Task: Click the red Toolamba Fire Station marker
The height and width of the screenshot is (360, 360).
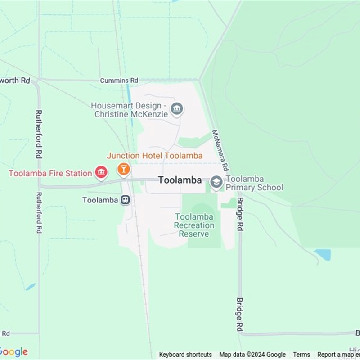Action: (x=101, y=172)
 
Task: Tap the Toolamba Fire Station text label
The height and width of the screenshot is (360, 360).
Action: (x=50, y=173)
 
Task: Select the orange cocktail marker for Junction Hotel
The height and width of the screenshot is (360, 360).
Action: (x=123, y=169)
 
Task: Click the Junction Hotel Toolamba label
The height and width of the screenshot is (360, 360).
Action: (x=154, y=156)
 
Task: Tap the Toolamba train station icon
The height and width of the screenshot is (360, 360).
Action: (x=126, y=200)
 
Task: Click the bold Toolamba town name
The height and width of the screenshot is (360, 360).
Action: (x=180, y=180)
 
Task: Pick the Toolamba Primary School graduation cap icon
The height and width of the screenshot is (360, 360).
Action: (x=216, y=182)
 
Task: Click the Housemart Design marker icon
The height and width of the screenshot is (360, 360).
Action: (x=177, y=109)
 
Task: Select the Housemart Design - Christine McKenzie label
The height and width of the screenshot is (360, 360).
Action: (x=130, y=110)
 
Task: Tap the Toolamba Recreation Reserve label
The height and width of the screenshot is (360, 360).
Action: (x=194, y=225)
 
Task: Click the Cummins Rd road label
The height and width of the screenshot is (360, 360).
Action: (x=119, y=81)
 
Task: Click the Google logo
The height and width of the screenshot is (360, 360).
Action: (x=13, y=352)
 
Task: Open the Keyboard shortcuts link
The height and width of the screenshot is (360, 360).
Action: (x=185, y=355)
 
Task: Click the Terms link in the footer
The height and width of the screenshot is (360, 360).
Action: (x=301, y=355)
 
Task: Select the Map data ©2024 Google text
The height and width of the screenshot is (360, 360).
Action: (x=252, y=355)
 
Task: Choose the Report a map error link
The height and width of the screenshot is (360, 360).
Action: (x=338, y=355)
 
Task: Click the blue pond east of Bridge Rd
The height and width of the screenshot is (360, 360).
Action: (x=323, y=255)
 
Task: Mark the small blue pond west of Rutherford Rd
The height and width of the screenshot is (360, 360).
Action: (x=30, y=287)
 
